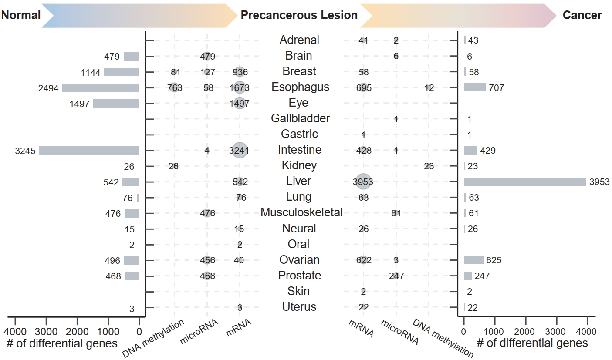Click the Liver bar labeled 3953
(525, 182)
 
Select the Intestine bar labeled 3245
(89, 151)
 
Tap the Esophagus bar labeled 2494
(101, 88)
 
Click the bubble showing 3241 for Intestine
(239, 151)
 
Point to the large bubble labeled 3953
(363, 182)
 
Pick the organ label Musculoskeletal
(301, 213)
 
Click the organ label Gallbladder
(300, 118)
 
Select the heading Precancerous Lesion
(299, 16)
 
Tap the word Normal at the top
(20, 16)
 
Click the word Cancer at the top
(582, 16)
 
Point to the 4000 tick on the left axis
(15, 321)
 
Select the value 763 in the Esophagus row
(174, 88)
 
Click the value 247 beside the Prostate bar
(482, 276)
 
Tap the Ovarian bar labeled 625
(473, 260)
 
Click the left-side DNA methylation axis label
(153, 339)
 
